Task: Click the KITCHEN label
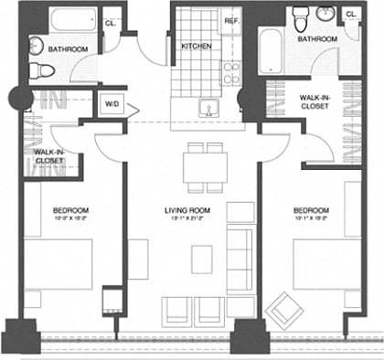pos(197,46)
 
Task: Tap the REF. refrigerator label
pos(231,19)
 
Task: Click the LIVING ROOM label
pos(187,209)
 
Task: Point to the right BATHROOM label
pos(316,39)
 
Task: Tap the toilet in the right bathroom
pos(302,17)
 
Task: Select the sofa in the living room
pos(240,261)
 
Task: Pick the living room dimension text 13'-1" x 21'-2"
pos(187,219)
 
